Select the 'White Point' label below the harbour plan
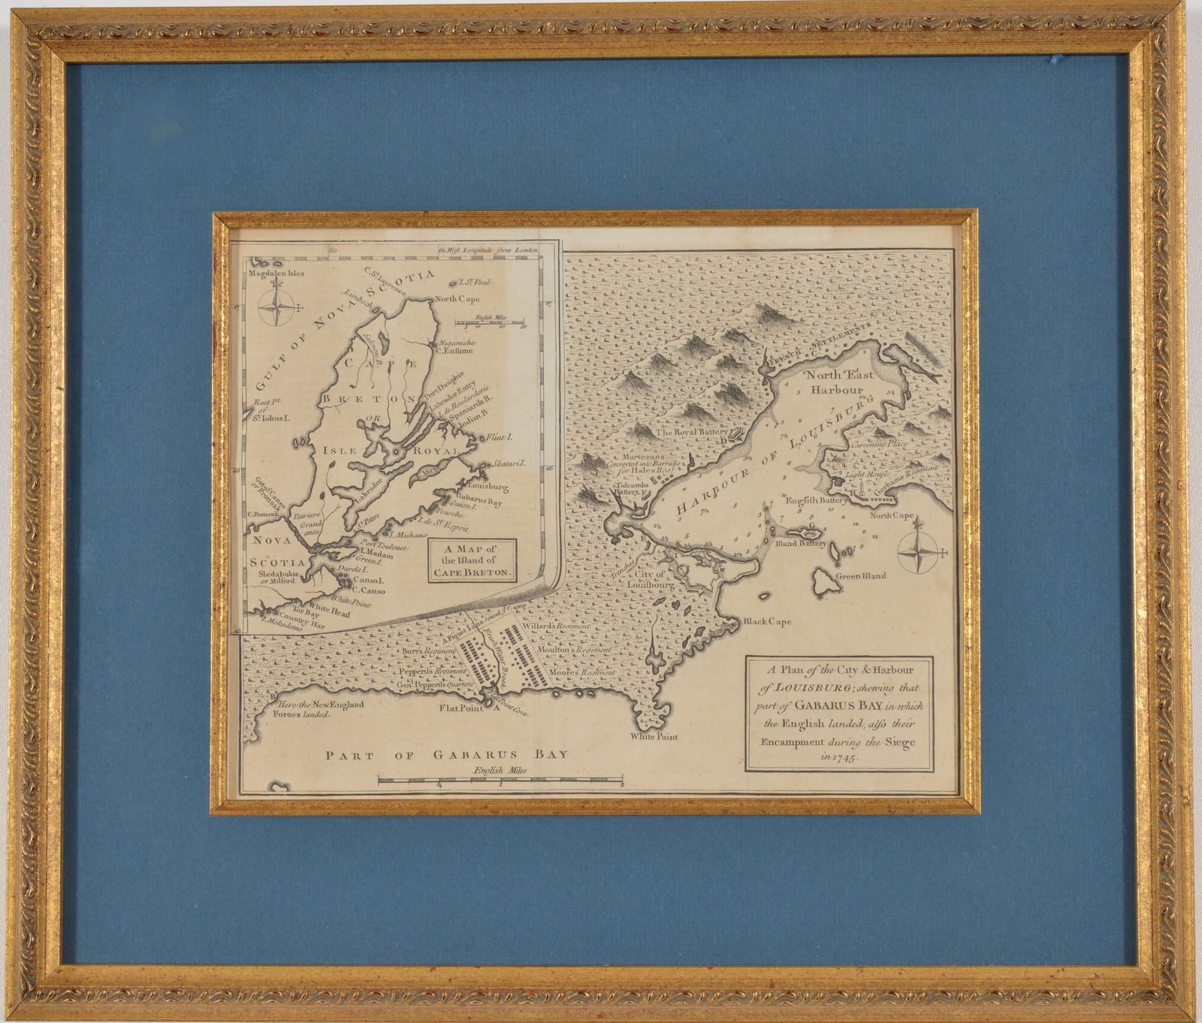pos(654,736)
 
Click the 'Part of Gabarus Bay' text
pos(445,755)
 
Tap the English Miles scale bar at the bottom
pos(500,781)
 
